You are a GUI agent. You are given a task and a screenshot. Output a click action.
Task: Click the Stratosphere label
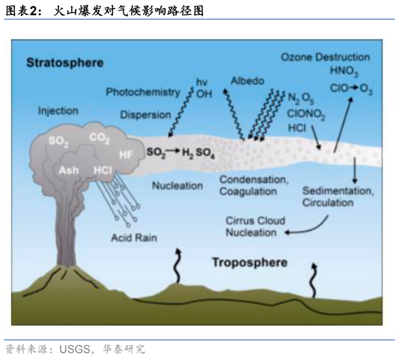(64, 62)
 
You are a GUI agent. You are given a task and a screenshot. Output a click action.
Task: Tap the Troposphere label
(249, 263)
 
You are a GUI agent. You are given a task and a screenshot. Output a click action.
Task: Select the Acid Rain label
(134, 237)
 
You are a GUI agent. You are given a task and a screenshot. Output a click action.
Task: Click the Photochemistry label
(143, 92)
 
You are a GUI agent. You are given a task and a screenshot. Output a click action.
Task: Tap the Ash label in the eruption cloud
(69, 170)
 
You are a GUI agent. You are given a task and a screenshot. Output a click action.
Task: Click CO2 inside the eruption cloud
(99, 138)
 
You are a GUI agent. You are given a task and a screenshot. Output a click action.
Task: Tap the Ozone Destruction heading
(325, 57)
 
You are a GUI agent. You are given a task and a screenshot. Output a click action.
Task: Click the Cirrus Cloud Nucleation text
(255, 226)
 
